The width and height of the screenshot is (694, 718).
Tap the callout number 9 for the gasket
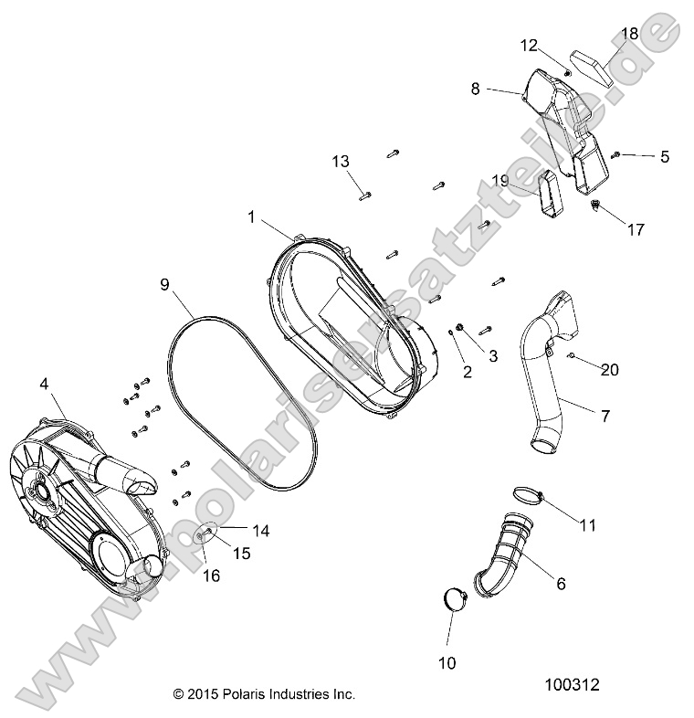click(x=165, y=284)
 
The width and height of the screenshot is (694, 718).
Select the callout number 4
click(x=44, y=385)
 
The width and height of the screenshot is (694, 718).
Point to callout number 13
click(x=341, y=162)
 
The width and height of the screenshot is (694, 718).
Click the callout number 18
click(x=630, y=35)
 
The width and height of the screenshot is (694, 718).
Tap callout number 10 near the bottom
click(x=447, y=662)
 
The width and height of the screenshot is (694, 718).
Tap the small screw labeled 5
click(x=618, y=155)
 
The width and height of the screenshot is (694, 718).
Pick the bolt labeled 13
click(x=366, y=193)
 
